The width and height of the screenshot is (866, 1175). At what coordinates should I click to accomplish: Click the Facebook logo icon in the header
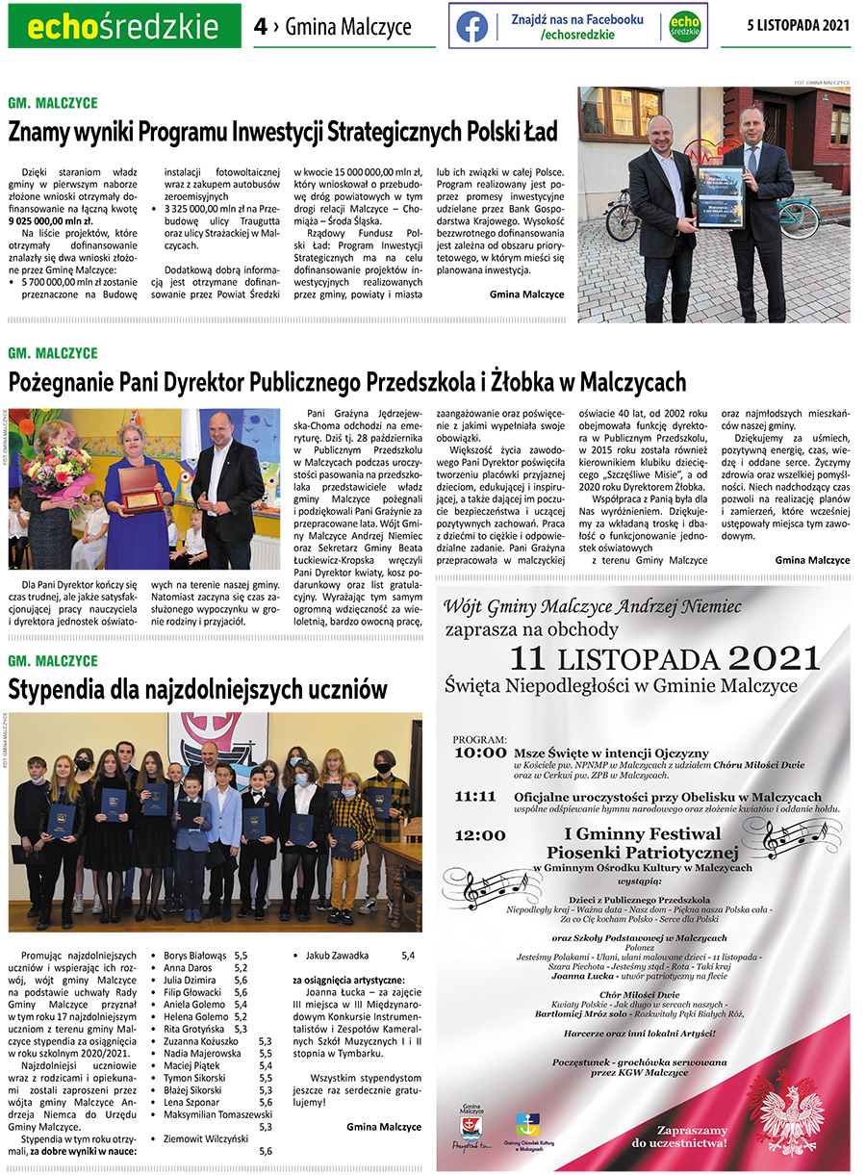(x=471, y=26)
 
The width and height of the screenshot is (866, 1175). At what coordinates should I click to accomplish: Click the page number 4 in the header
(x=260, y=27)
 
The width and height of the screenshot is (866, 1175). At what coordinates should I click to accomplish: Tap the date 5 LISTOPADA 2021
(x=798, y=25)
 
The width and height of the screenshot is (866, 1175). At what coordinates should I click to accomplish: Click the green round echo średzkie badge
(x=684, y=26)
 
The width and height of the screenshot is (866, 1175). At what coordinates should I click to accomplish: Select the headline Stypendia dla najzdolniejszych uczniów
(x=198, y=689)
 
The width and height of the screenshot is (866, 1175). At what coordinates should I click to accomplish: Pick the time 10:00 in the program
(x=479, y=752)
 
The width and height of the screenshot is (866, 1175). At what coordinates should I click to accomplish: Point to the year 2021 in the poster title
(x=774, y=659)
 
